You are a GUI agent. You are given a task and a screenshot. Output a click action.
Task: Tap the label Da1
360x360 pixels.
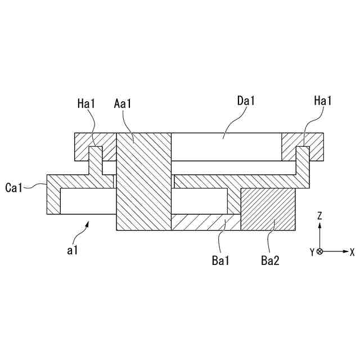[246, 101]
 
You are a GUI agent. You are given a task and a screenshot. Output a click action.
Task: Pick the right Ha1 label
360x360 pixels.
[323, 101]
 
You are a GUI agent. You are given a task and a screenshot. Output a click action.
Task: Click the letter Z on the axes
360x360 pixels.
[319, 215]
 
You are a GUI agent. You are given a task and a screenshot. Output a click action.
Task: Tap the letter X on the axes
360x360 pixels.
[352, 252]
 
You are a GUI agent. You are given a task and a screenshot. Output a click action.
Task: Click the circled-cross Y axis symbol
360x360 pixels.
[319, 251]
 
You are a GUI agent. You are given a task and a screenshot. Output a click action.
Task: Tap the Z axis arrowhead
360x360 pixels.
[319, 224]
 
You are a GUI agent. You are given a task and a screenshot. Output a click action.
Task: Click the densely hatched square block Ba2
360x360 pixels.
[268, 209]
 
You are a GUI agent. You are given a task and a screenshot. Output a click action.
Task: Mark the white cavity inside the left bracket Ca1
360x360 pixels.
[87, 201]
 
